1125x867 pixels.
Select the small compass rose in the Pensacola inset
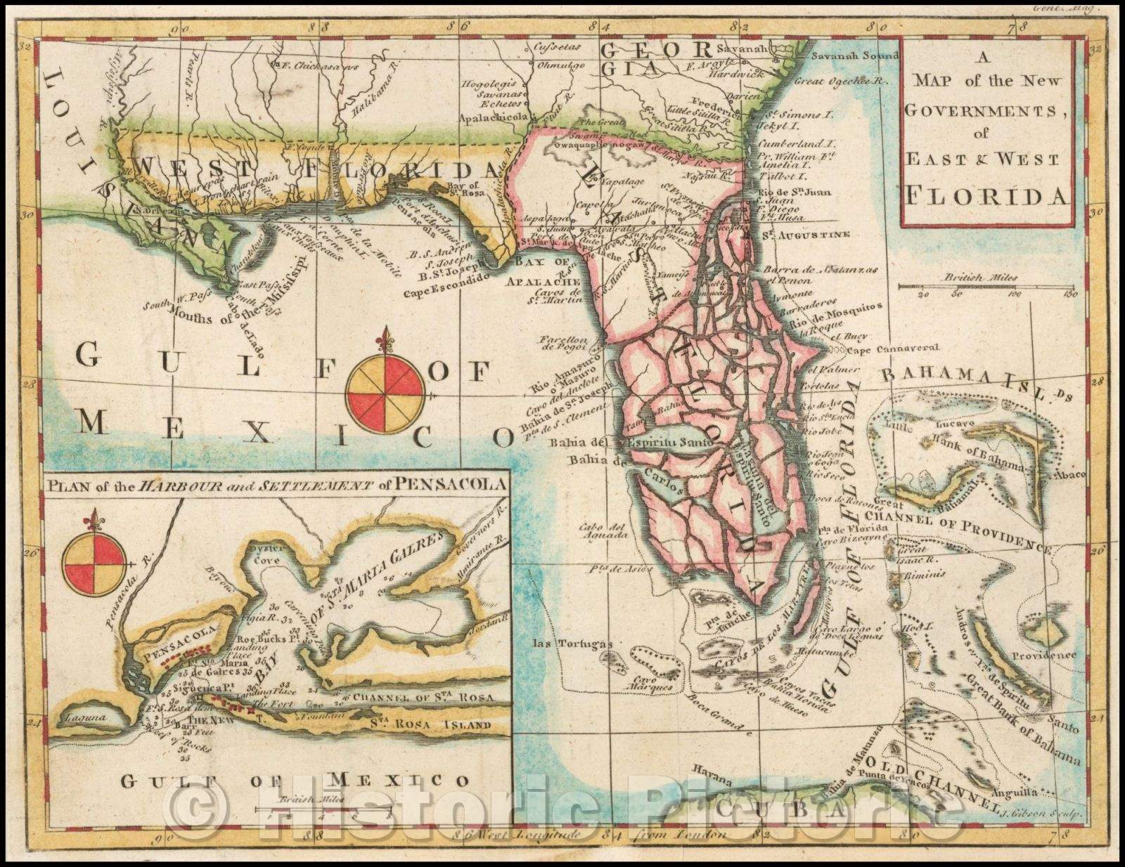click(94, 563)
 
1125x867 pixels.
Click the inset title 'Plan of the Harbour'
click(276, 484)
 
